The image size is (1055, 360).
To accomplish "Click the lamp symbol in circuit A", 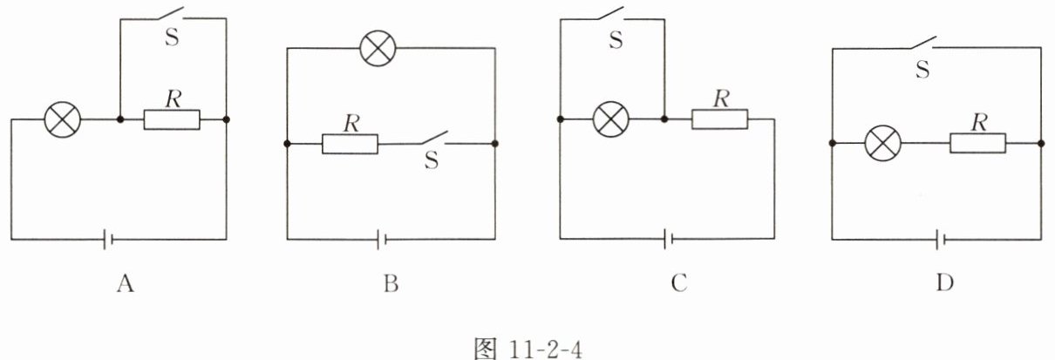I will point(63,119).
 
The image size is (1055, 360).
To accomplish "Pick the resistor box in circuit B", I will point(350,144).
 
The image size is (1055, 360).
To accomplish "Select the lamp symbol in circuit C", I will point(610,119).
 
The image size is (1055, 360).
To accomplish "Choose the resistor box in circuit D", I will point(977,144).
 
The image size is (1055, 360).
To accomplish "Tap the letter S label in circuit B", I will point(431,162).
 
